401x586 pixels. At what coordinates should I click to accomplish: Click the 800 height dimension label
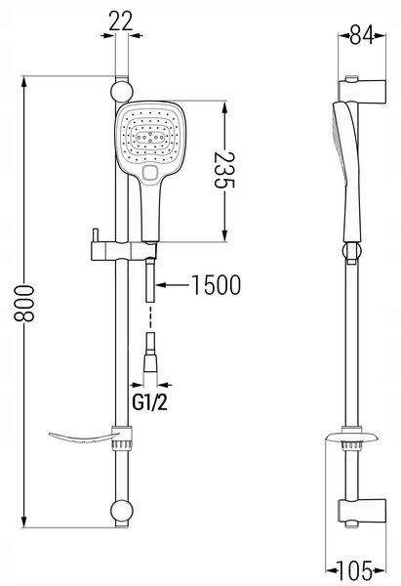[x=24, y=303]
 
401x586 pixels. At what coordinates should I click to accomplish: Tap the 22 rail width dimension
[x=121, y=21]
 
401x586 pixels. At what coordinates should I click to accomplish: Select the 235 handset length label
[x=224, y=170]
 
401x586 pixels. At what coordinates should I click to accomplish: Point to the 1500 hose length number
[x=217, y=285]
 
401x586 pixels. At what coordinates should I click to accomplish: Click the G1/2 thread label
[x=150, y=402]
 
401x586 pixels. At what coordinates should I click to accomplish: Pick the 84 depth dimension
[x=362, y=35]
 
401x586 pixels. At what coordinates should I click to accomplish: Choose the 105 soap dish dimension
[x=355, y=570]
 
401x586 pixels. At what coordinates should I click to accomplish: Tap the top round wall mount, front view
[x=121, y=91]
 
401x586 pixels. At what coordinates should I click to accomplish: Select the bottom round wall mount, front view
[x=121, y=511]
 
